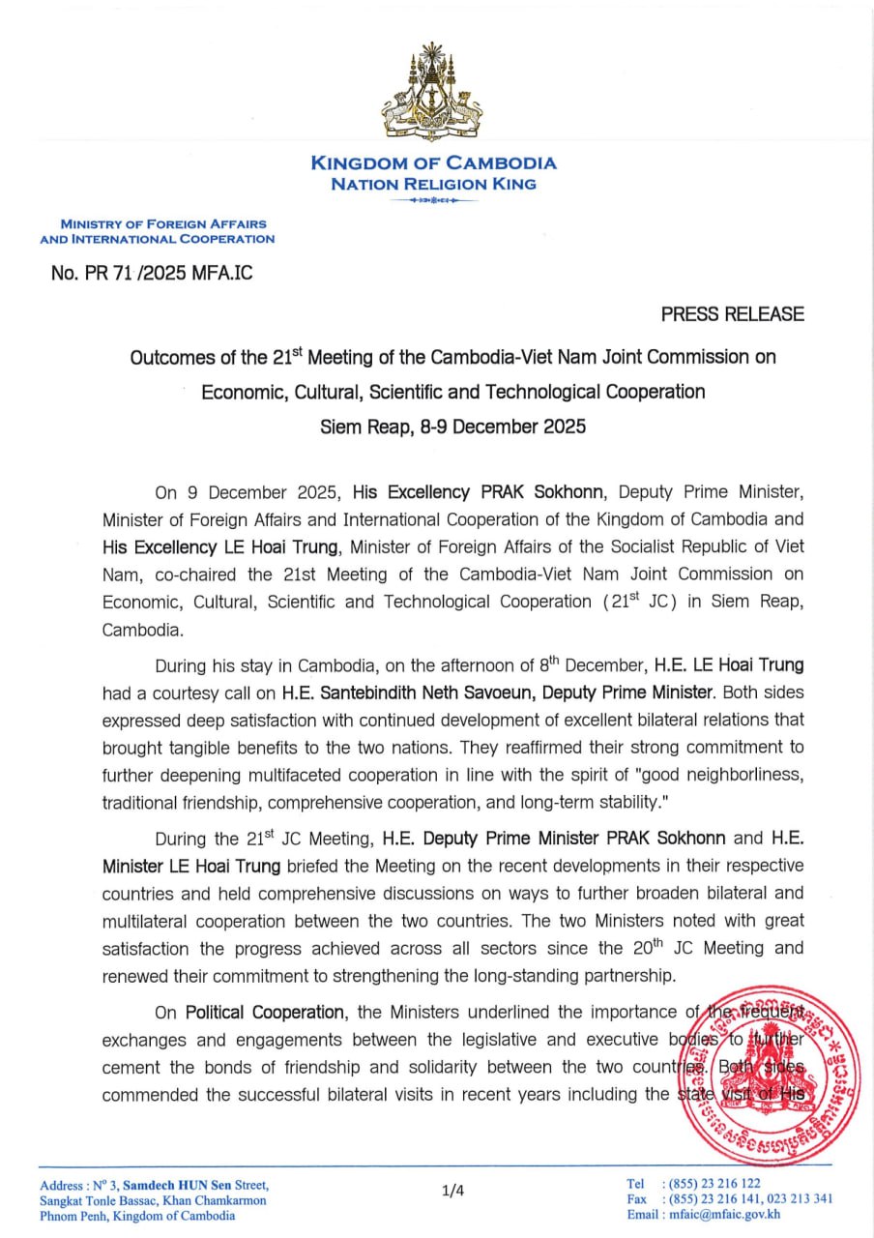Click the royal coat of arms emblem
[433, 93]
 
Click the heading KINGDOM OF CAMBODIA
[433, 163]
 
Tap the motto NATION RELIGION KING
[433, 184]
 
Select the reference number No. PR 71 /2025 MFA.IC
[152, 273]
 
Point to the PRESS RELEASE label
[732, 314]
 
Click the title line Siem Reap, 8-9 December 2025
[452, 426]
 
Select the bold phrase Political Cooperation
[265, 1013]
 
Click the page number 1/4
[452, 1191]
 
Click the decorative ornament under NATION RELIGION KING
[433, 200]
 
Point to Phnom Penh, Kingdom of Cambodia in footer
[137, 1216]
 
